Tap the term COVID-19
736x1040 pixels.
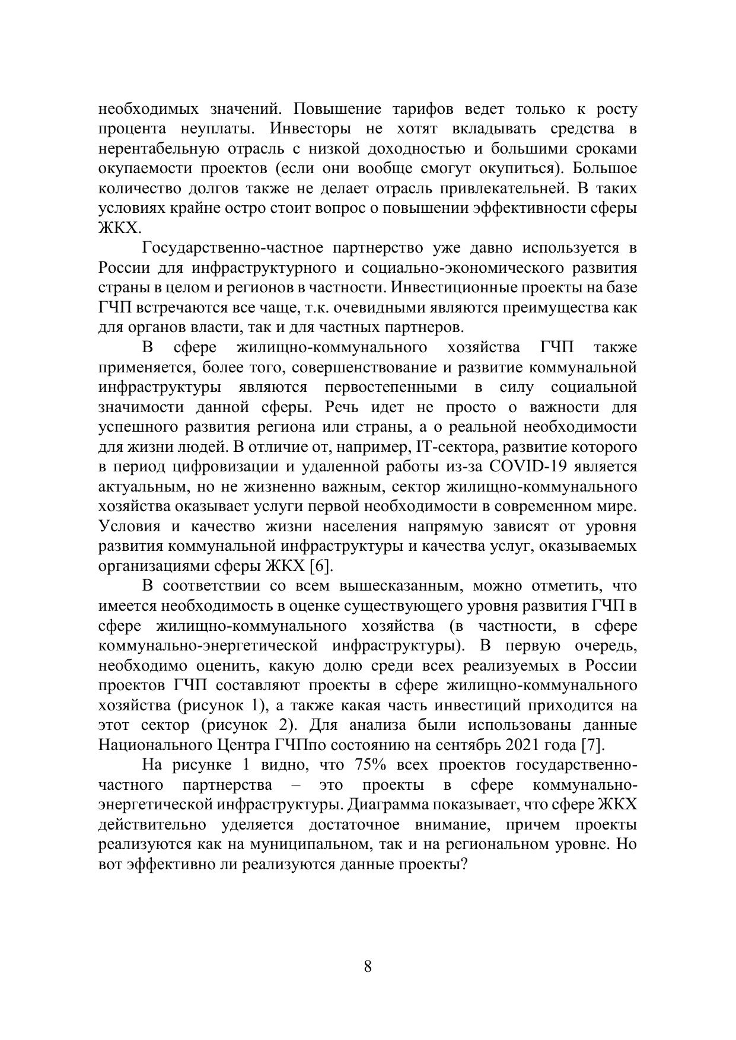click(x=529, y=467)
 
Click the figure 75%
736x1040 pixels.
click(x=371, y=765)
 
